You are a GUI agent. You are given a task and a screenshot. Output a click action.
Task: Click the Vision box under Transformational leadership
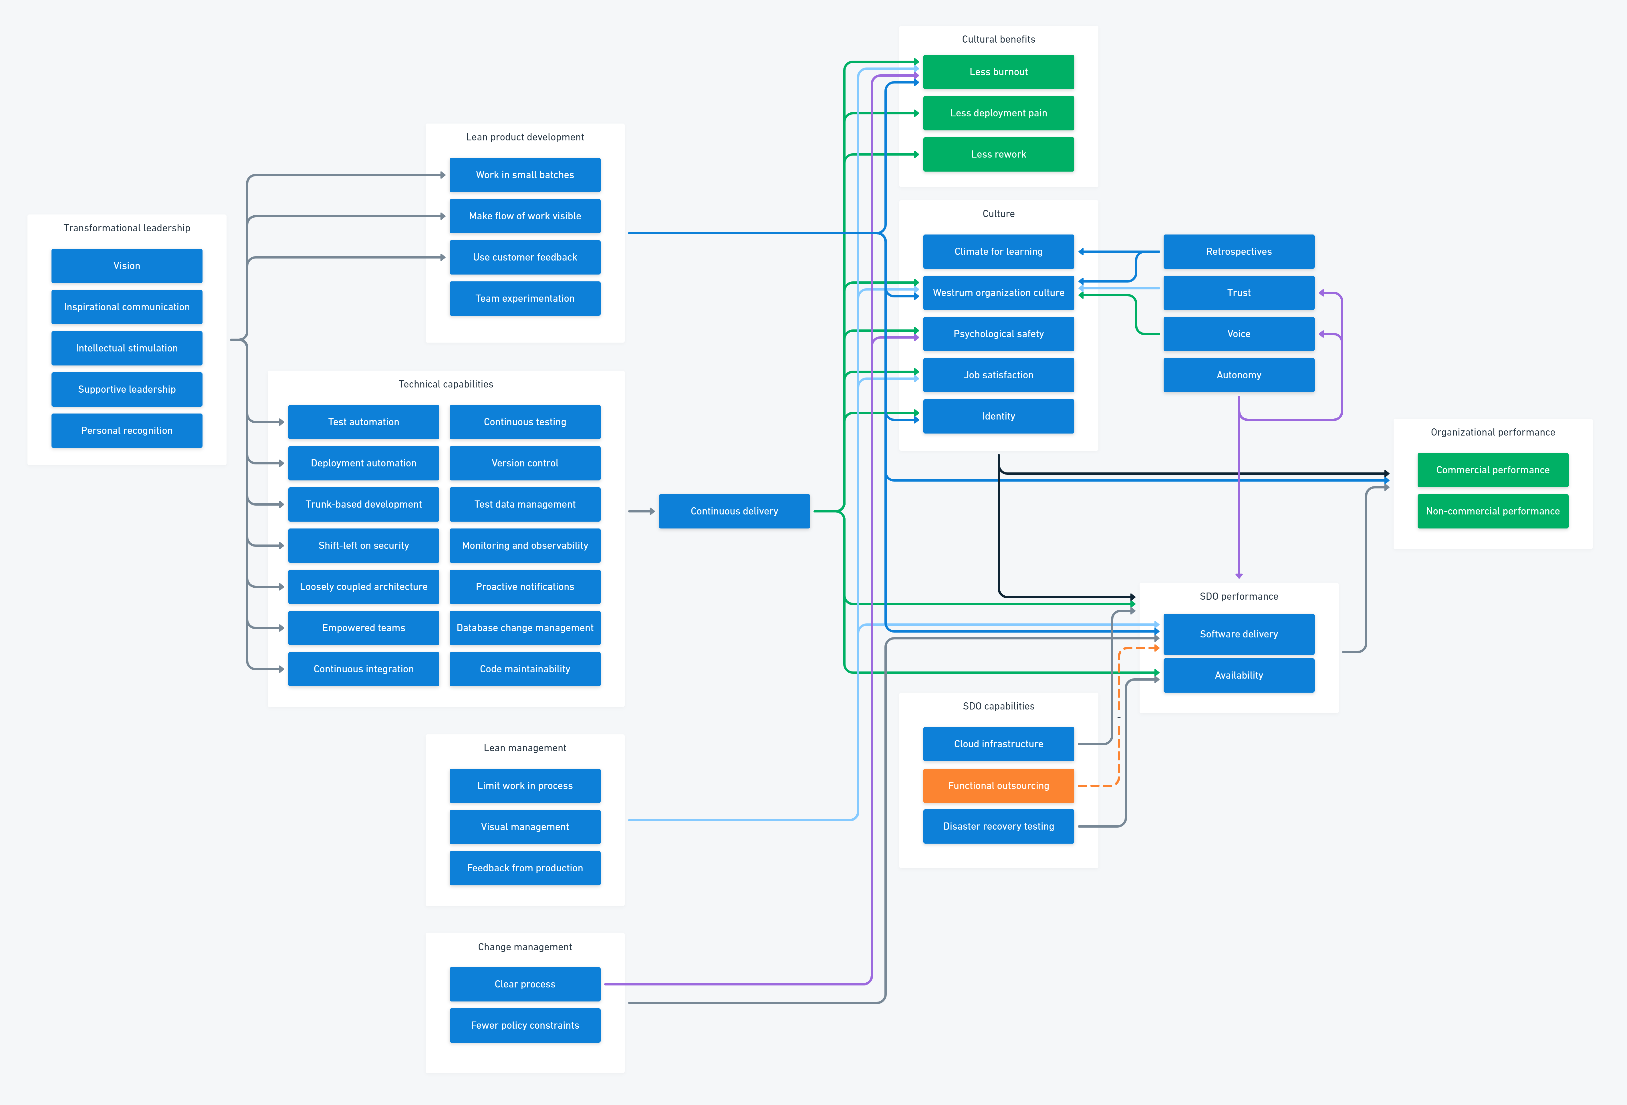pyautogui.click(x=127, y=266)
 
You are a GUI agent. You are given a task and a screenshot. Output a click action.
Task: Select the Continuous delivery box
pyautogui.click(x=734, y=512)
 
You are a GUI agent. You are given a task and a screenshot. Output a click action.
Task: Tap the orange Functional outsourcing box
pyautogui.click(x=998, y=786)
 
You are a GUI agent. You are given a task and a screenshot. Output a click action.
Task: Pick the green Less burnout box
pyautogui.click(x=998, y=72)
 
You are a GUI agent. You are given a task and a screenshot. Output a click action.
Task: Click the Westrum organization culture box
pyautogui.click(x=998, y=293)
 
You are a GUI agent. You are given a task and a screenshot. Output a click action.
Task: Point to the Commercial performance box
pyautogui.click(x=1493, y=470)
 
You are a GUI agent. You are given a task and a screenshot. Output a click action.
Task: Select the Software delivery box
pyautogui.click(x=1239, y=634)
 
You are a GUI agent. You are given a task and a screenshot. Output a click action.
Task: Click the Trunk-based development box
pyautogui.click(x=363, y=504)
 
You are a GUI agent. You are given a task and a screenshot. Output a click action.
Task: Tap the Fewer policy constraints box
pyautogui.click(x=524, y=1025)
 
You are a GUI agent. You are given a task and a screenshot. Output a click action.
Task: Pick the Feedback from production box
pyautogui.click(x=524, y=868)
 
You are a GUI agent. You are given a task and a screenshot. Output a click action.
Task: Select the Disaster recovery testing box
pyautogui.click(x=998, y=826)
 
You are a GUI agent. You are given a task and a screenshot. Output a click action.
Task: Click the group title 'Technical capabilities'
pyautogui.click(x=446, y=384)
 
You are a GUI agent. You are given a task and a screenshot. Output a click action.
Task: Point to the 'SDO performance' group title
pyautogui.click(x=1239, y=596)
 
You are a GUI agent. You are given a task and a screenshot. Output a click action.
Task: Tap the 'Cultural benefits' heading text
pyautogui.click(x=998, y=39)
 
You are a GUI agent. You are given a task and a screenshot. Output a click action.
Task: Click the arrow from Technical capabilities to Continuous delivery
pyautogui.click(x=640, y=512)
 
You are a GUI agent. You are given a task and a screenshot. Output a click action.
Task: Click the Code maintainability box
pyautogui.click(x=524, y=669)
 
